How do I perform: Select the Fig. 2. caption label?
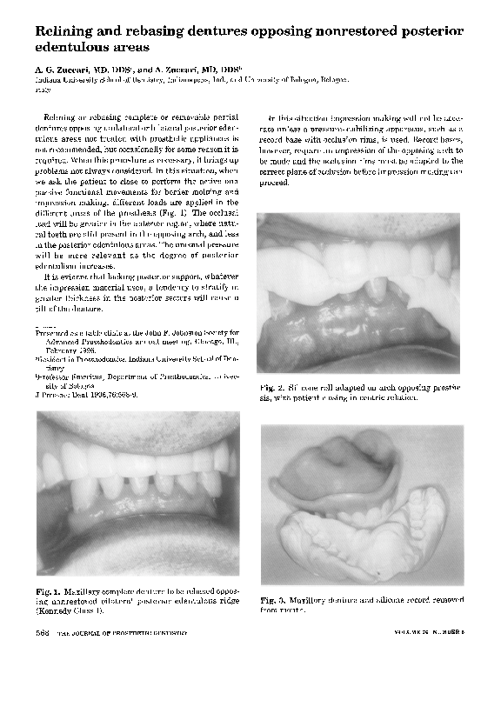(x=271, y=387)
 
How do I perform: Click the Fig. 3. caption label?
(x=273, y=599)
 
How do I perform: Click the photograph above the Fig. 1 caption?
(x=137, y=497)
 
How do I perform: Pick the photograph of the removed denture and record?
(x=362, y=504)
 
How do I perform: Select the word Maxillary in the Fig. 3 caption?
(x=307, y=599)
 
